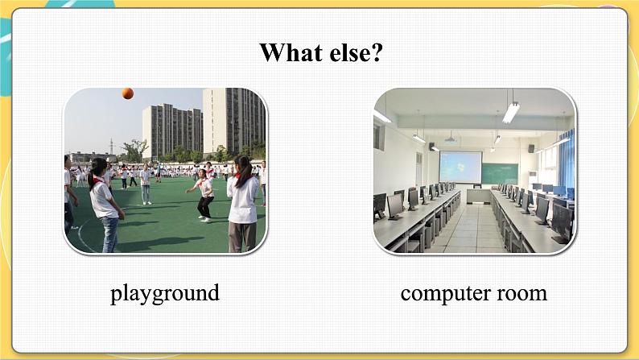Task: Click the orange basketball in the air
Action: click(x=128, y=93)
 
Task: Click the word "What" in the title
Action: click(x=287, y=53)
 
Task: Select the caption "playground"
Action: click(x=165, y=292)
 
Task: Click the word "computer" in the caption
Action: click(x=444, y=293)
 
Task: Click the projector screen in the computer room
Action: click(x=460, y=168)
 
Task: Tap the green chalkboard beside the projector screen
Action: click(x=500, y=173)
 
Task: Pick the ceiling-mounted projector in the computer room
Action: click(x=450, y=139)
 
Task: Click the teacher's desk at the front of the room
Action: click(x=480, y=194)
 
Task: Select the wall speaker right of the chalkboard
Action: click(x=531, y=148)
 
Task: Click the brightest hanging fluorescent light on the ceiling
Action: click(x=510, y=112)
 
